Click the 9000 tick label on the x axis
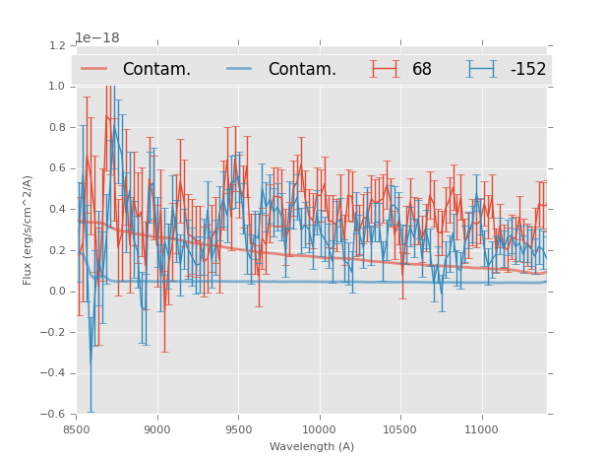(157, 429)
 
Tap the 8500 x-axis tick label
(77, 429)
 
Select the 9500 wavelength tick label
(238, 429)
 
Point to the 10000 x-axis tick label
(319, 429)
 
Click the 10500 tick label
(400, 429)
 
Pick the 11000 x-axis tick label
(481, 429)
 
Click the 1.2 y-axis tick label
(57, 45)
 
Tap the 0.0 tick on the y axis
(57, 292)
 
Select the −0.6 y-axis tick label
(54, 415)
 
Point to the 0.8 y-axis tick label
(57, 127)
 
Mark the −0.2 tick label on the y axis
(54, 333)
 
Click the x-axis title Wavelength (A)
(312, 446)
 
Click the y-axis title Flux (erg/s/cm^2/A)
(28, 230)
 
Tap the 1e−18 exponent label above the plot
(97, 37)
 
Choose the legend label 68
(422, 70)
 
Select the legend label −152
(527, 70)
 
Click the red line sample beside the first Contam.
(94, 69)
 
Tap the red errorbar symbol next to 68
(384, 69)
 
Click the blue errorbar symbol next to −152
(481, 69)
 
